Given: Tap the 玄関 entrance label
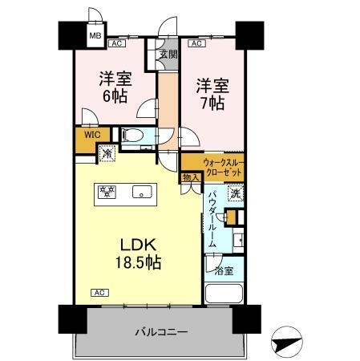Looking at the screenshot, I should coord(168,55).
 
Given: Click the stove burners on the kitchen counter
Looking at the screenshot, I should coord(106,191).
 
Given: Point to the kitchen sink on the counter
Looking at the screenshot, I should coord(143,192).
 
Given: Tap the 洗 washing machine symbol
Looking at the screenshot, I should coord(235,193).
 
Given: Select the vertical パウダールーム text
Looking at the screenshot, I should coord(212,219).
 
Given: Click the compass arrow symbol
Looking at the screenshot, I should coord(285,343).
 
